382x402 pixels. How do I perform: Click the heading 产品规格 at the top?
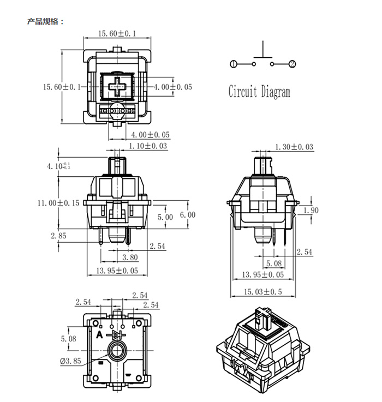[x=45, y=22]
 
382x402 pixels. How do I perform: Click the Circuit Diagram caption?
[x=259, y=92]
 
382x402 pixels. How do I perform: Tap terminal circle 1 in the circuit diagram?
[x=234, y=64]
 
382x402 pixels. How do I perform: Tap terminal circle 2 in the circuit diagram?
[x=293, y=64]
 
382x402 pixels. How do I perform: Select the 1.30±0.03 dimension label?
[x=295, y=147]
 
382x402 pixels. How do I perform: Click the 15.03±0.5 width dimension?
[x=264, y=292]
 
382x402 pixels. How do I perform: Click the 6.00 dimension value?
[x=187, y=215]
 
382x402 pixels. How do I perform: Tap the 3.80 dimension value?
[x=129, y=257]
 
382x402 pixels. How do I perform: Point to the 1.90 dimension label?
[x=311, y=210]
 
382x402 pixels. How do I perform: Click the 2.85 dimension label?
[x=58, y=236]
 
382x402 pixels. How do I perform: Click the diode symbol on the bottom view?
[x=117, y=334]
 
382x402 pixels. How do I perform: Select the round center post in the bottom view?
[x=117, y=350]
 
